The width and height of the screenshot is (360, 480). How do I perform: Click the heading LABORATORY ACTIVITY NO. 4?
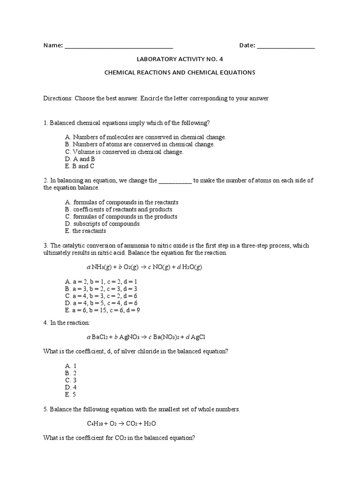(180, 60)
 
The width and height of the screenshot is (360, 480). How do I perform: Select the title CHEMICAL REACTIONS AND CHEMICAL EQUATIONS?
(180, 73)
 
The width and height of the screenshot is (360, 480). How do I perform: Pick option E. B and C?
(80, 166)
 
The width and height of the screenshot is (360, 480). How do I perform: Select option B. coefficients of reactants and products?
(119, 210)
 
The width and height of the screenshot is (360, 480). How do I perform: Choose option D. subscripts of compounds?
(103, 224)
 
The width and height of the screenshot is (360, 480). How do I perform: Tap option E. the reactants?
(86, 231)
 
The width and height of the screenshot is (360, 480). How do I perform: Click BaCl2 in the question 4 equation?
(101, 337)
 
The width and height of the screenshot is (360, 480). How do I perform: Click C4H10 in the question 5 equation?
(97, 423)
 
